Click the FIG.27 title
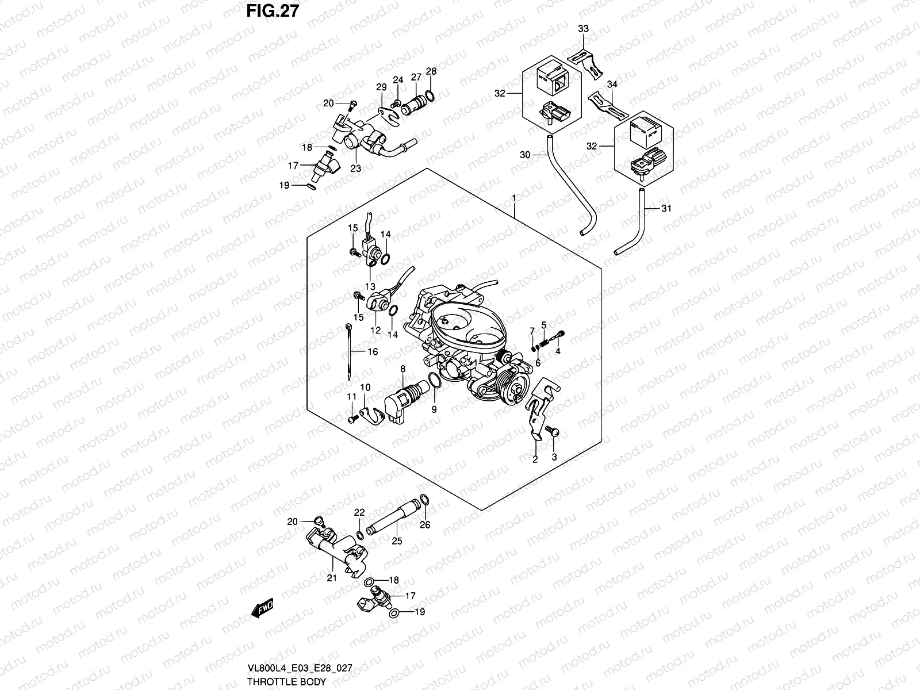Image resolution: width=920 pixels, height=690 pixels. (274, 11)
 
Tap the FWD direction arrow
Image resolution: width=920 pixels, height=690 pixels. (263, 608)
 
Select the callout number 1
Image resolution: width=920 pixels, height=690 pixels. (514, 199)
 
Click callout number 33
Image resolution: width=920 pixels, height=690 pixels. (583, 29)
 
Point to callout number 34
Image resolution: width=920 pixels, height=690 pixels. (612, 85)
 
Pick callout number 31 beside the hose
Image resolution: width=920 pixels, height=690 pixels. (666, 209)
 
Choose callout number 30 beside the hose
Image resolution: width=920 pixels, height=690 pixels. (524, 155)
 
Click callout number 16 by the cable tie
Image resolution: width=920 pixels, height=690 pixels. (373, 351)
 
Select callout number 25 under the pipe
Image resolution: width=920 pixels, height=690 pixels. (397, 540)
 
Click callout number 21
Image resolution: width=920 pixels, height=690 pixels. (332, 578)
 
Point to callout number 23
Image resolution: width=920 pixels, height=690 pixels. (356, 168)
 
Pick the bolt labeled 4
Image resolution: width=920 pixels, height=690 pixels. (559, 334)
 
